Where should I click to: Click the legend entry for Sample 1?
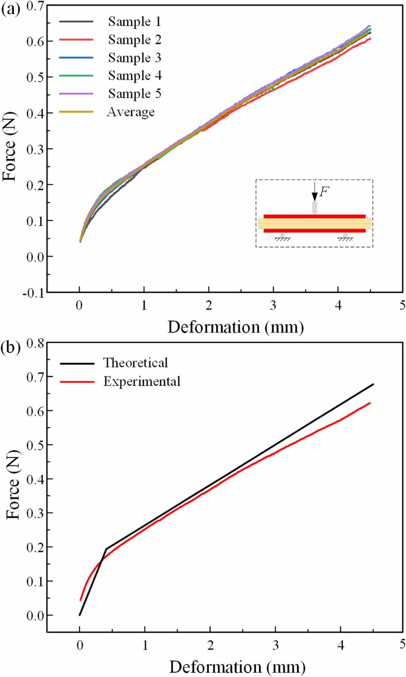click(134, 22)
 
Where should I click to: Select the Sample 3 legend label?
click(134, 58)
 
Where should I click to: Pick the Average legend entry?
click(130, 112)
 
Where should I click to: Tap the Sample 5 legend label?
click(134, 94)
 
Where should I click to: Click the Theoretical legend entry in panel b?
click(135, 363)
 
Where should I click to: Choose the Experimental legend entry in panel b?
click(141, 382)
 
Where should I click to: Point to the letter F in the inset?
click(324, 192)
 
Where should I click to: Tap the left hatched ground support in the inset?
click(282, 238)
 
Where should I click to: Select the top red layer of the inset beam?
click(314, 217)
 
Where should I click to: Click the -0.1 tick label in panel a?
click(34, 293)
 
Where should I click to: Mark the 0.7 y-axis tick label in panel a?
click(35, 6)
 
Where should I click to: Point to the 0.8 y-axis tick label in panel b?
click(35, 343)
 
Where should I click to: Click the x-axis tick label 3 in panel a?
click(273, 305)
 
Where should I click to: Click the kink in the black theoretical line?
click(106, 549)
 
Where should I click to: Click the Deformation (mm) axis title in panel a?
click(235, 327)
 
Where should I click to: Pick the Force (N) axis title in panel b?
click(13, 485)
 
